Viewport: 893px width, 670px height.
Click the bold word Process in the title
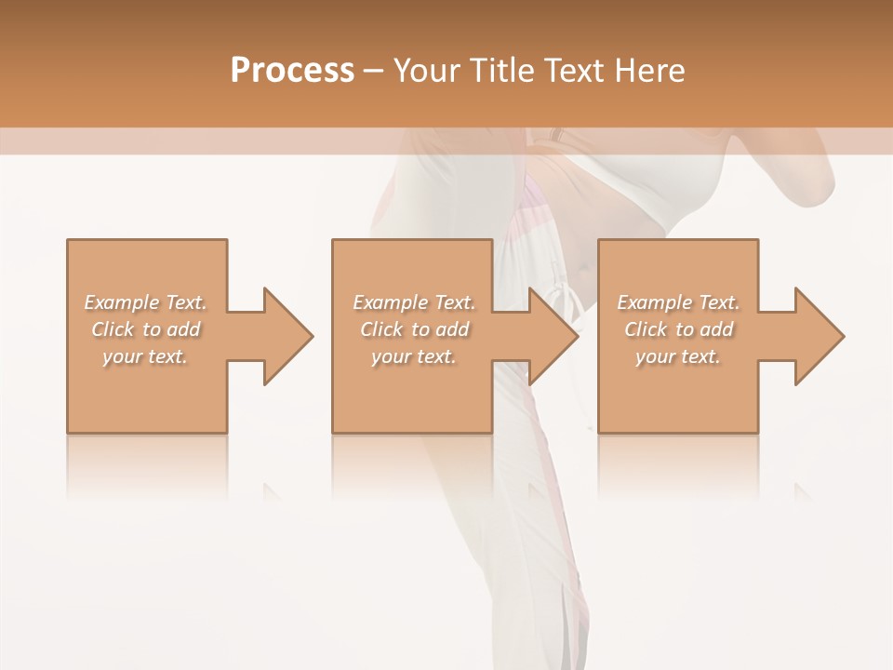pos(292,71)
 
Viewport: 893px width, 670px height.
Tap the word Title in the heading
pos(503,71)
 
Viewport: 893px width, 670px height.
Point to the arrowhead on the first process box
pos(287,336)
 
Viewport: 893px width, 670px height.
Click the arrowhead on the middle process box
pos(553,336)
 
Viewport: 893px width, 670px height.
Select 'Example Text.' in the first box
pos(146,302)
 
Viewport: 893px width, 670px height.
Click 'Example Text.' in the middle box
pos(414,302)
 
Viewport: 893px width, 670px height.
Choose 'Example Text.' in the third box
pos(678,302)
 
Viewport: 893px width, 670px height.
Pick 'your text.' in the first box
pos(145,356)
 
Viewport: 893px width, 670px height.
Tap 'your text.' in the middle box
pos(413,356)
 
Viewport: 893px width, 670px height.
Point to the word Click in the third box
pos(646,329)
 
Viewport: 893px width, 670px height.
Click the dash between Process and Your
pos(374,72)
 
